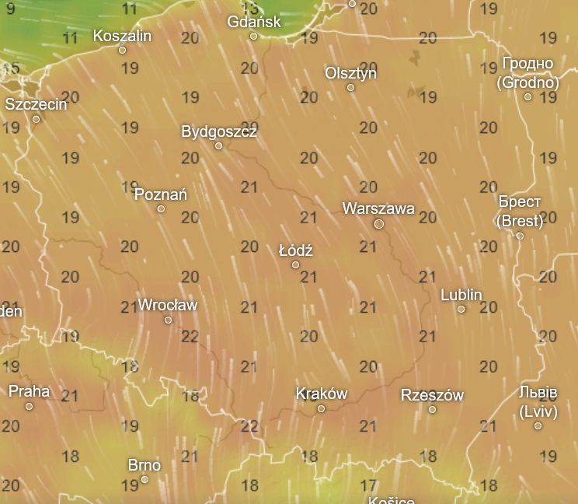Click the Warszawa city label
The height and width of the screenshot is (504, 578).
(378, 208)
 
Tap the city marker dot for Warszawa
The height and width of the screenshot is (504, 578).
(379, 224)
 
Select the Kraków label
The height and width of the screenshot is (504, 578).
(322, 394)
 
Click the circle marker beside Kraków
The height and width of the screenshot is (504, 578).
(322, 408)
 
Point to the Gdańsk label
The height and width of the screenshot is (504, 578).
(254, 22)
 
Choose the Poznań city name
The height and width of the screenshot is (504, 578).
(161, 194)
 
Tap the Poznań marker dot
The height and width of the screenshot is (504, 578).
(162, 208)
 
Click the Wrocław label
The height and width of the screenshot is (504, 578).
(168, 305)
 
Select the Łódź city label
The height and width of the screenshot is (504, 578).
(296, 250)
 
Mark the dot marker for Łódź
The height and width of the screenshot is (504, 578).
(296, 264)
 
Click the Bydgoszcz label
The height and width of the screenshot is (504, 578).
(219, 131)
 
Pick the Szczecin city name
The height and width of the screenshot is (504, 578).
(37, 104)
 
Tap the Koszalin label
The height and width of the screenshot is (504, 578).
(122, 36)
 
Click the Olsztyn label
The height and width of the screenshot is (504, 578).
(350, 73)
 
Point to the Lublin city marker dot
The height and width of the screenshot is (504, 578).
(461, 309)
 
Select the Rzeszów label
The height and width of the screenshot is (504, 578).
(432, 395)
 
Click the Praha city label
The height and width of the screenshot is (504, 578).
(29, 391)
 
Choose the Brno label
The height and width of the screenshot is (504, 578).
(144, 465)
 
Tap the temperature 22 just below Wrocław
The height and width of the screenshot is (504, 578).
(190, 337)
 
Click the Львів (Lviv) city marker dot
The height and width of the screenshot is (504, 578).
(538, 425)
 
